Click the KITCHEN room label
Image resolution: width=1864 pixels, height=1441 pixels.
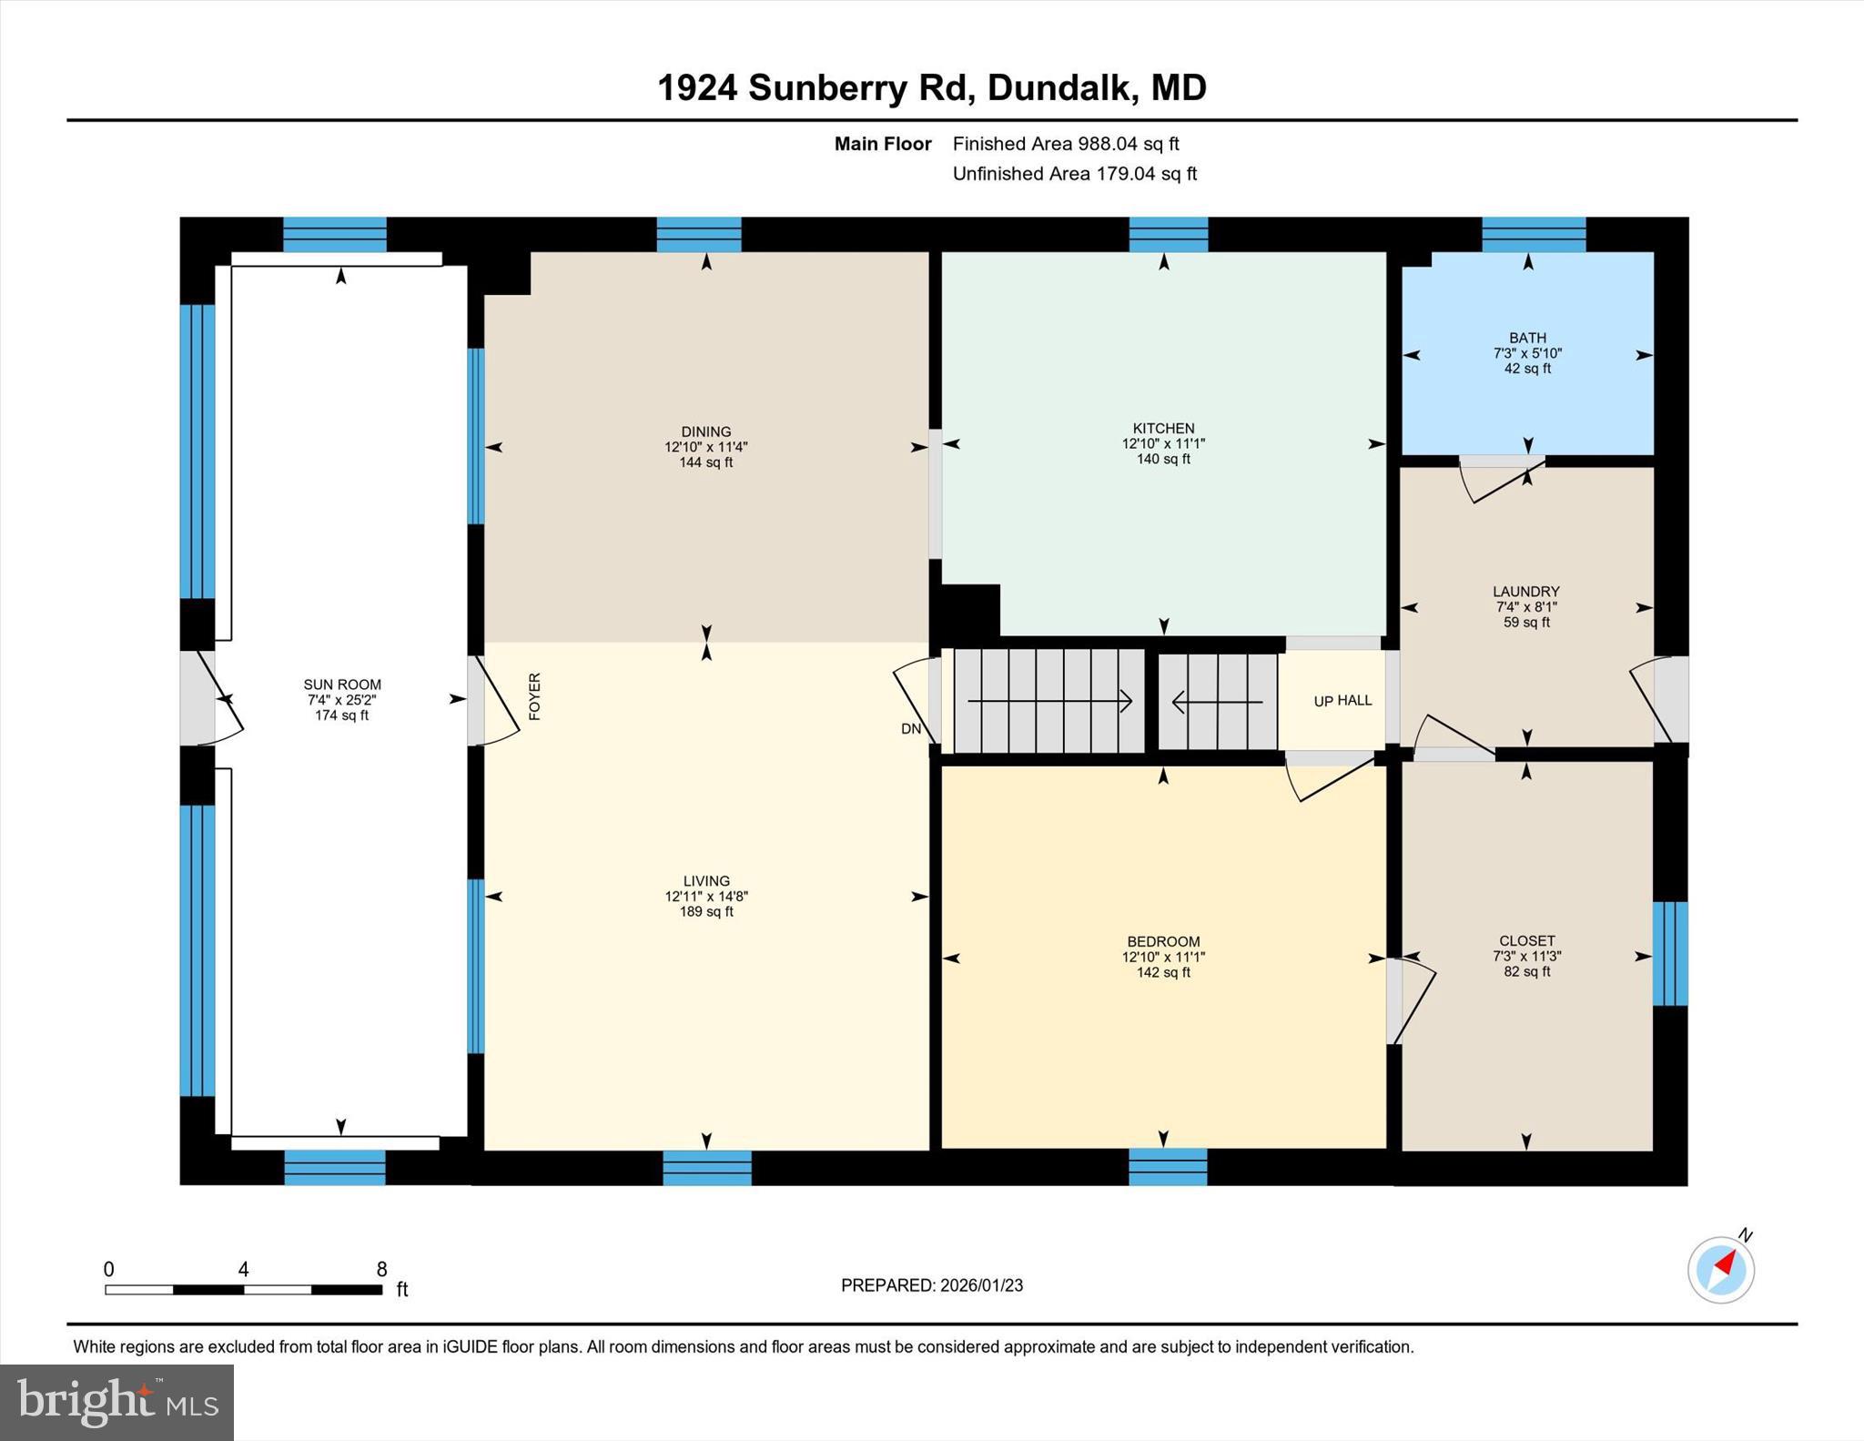pos(1163,428)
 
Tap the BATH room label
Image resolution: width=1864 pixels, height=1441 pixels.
pos(1527,338)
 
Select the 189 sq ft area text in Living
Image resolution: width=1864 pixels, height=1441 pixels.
pos(706,911)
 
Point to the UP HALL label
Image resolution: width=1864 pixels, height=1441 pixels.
pos(1342,700)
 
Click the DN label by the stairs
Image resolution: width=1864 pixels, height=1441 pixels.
pos(911,728)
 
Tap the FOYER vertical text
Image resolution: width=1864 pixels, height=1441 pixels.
pos(535,696)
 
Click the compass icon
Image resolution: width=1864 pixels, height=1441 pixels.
pos(1721,1269)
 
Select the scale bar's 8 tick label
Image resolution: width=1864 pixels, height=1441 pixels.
pos(381,1269)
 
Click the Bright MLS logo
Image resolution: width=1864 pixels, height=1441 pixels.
pos(116,1402)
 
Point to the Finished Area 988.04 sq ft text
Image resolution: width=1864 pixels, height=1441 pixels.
pos(1065,144)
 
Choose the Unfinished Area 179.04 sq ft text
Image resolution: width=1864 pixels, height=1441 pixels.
pos(1074,174)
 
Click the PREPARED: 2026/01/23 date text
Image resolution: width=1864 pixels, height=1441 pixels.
pos(932,1285)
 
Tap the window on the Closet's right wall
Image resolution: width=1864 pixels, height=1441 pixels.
pos(1669,953)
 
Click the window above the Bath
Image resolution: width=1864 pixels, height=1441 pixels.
pos(1534,234)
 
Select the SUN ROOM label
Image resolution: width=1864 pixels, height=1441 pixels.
pos(342,685)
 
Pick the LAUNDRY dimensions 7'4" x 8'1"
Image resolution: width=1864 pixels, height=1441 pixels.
pos(1526,607)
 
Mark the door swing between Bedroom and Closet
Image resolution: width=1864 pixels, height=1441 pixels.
pos(1411,1001)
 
